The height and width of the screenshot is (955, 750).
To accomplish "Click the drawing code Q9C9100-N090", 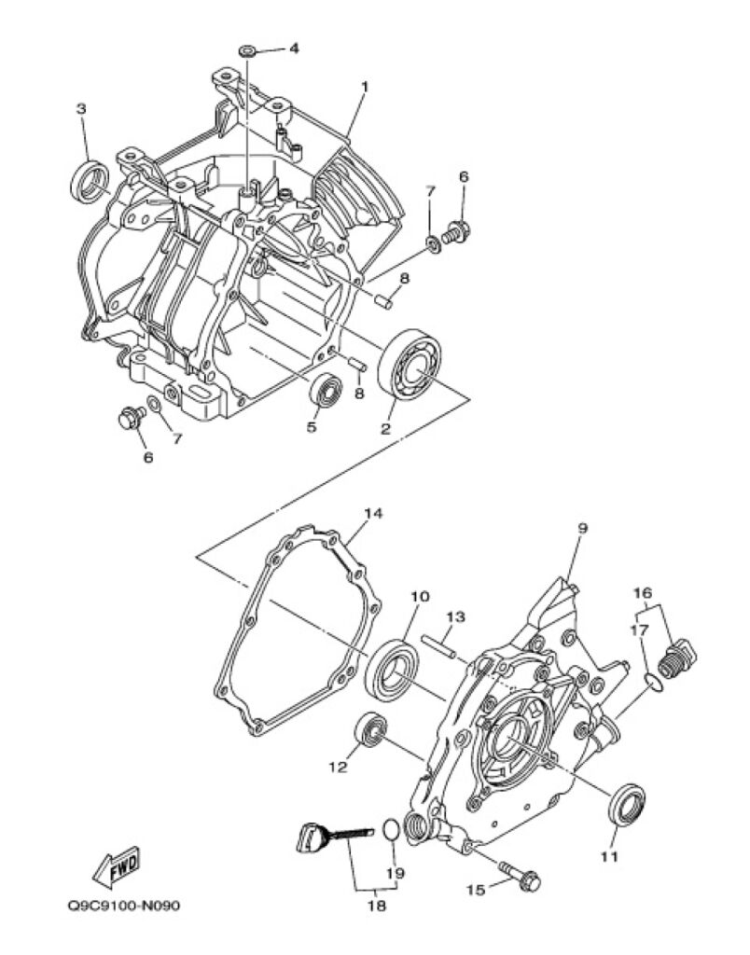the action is (124, 906).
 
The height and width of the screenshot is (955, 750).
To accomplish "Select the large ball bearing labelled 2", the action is (410, 365).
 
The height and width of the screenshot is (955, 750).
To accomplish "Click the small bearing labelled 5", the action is (326, 391).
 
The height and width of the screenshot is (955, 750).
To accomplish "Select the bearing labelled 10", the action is (392, 669).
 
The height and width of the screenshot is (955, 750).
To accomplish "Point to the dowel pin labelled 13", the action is (438, 646).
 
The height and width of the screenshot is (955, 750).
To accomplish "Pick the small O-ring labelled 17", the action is (652, 682).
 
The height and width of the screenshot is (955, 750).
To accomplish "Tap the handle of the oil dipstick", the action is (312, 835).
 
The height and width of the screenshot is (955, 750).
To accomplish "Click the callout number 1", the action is (365, 87).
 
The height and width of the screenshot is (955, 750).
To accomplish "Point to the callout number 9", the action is (582, 528).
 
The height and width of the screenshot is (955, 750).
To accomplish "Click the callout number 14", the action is (373, 514).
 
